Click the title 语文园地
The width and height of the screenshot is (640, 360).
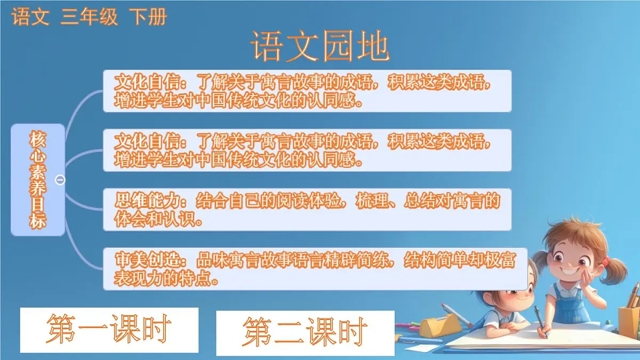point(320,46)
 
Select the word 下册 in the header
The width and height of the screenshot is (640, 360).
point(148,18)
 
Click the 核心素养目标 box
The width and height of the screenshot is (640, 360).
point(38,180)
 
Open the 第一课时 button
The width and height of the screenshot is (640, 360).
point(109,330)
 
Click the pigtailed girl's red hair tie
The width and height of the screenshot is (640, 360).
point(606,261)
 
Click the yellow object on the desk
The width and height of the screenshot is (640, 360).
point(441,325)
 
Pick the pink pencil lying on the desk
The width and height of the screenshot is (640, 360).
point(456,315)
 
